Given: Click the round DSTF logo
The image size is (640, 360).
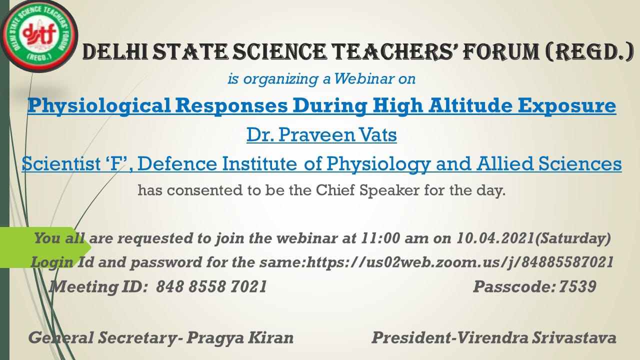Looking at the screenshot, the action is pos(39,36).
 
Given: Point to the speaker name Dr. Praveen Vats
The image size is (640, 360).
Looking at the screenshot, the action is pos(321,135).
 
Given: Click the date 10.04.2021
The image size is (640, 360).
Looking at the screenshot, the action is pos(495,238).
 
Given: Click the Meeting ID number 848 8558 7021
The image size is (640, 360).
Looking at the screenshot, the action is pos(211,286).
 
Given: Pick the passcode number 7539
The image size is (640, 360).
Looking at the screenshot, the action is pos(577,286).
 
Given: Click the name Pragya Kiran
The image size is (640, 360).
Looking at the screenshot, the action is pos(240,337).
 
